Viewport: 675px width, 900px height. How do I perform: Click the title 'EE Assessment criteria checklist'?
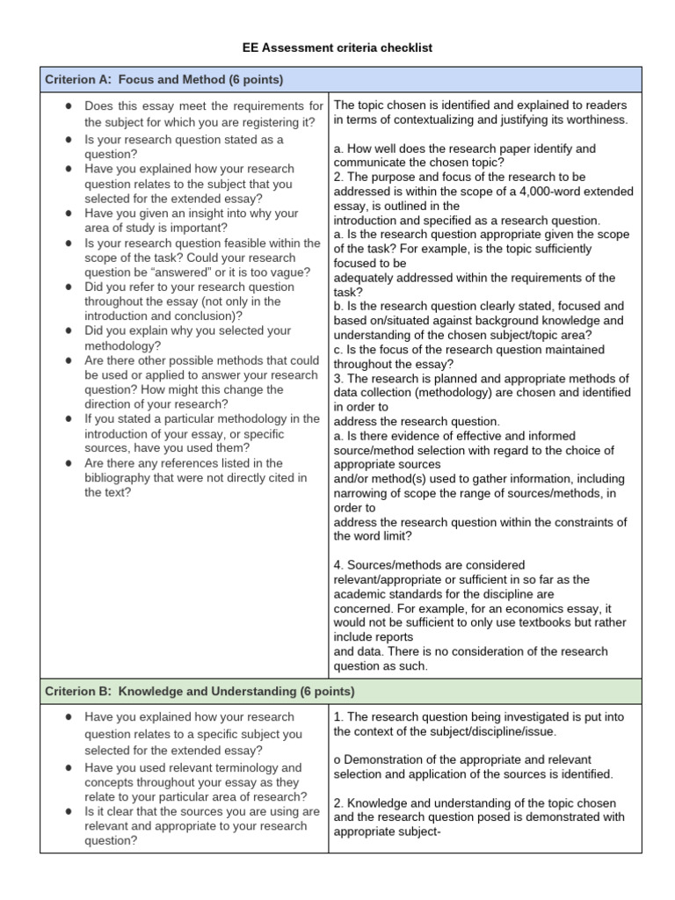click(337, 47)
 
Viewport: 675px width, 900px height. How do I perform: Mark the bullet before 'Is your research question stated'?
click(68, 141)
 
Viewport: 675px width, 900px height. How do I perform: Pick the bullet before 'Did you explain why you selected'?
click(68, 331)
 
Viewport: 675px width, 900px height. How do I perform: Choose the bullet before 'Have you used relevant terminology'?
click(68, 768)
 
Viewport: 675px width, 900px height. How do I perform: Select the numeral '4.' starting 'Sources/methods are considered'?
click(339, 565)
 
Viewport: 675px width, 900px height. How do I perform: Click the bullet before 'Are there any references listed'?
click(68, 463)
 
